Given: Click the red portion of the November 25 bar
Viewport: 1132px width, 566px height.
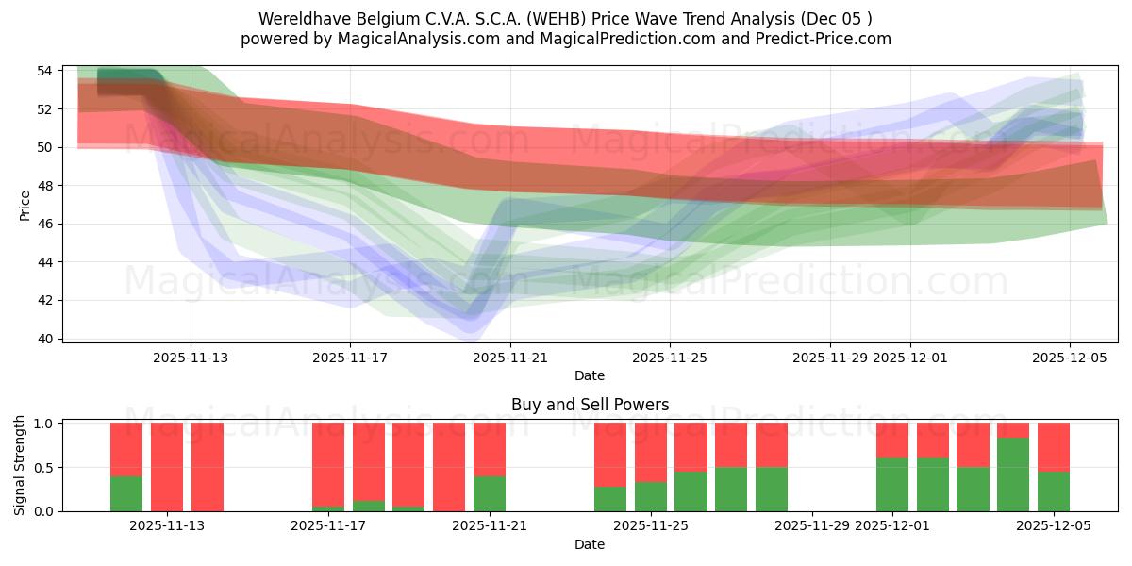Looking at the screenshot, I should click(651, 453).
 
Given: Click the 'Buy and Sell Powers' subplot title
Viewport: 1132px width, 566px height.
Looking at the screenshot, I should click(590, 405).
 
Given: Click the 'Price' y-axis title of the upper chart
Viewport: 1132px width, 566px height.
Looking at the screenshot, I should click(25, 205).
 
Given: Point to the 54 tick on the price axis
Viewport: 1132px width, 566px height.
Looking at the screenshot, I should click(45, 71).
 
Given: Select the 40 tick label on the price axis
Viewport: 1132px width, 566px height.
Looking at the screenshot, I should click(45, 339).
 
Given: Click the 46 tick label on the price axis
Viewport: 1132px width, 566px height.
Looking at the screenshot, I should click(45, 224).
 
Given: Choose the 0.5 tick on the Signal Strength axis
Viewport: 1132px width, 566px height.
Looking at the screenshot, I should click(42, 468).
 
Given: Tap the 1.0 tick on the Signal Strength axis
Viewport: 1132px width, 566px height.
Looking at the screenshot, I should click(42, 424).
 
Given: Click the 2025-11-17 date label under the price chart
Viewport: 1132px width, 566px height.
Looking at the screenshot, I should click(350, 358).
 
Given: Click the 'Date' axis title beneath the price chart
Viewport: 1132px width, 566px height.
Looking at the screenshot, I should click(590, 375).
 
